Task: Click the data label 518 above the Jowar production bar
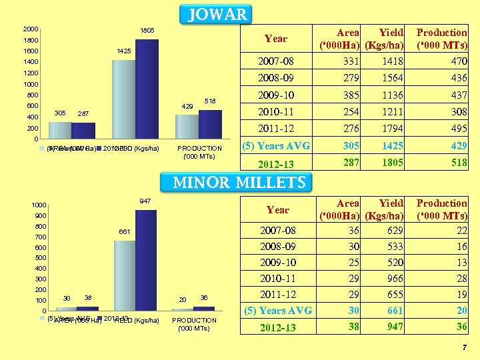(210, 101)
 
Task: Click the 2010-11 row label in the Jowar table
(276, 112)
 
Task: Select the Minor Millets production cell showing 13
(461, 262)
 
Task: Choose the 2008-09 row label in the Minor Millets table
(277, 246)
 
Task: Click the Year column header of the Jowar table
(276, 38)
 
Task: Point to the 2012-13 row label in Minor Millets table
(277, 327)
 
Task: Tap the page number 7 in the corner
(465, 348)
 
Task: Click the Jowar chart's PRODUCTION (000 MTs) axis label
(200, 152)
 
